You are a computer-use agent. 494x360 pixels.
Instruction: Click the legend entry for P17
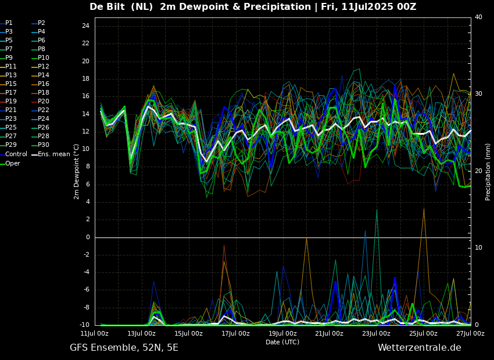tap(10, 92)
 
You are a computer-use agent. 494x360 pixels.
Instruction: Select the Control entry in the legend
tap(16, 154)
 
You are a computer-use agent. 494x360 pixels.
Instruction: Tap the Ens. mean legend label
tap(54, 154)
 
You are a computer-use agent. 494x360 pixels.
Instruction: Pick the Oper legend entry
tap(13, 163)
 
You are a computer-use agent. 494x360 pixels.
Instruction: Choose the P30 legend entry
tap(44, 145)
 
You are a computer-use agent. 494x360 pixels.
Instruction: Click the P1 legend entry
tap(9, 23)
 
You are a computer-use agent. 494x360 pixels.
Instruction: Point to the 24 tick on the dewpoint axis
tap(85, 26)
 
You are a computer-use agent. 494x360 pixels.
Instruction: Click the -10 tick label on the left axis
tap(84, 325)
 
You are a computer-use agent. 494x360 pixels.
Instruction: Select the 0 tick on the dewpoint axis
tap(88, 237)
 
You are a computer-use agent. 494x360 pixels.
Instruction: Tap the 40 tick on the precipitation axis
tap(478, 17)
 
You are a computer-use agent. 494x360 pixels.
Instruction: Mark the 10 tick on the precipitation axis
tap(478, 248)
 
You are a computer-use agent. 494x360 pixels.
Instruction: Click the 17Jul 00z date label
tap(235, 333)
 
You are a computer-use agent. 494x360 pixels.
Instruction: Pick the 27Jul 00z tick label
tap(470, 333)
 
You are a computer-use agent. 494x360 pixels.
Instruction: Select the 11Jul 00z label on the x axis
tap(95, 333)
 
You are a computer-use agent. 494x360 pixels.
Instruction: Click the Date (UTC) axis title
tap(282, 342)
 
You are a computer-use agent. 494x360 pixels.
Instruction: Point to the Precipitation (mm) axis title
tap(488, 172)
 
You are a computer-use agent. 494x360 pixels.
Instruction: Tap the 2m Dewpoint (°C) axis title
tap(77, 172)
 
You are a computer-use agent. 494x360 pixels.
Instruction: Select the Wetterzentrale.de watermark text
tap(420, 348)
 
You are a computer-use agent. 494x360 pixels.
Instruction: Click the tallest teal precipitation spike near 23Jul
tap(377, 209)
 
